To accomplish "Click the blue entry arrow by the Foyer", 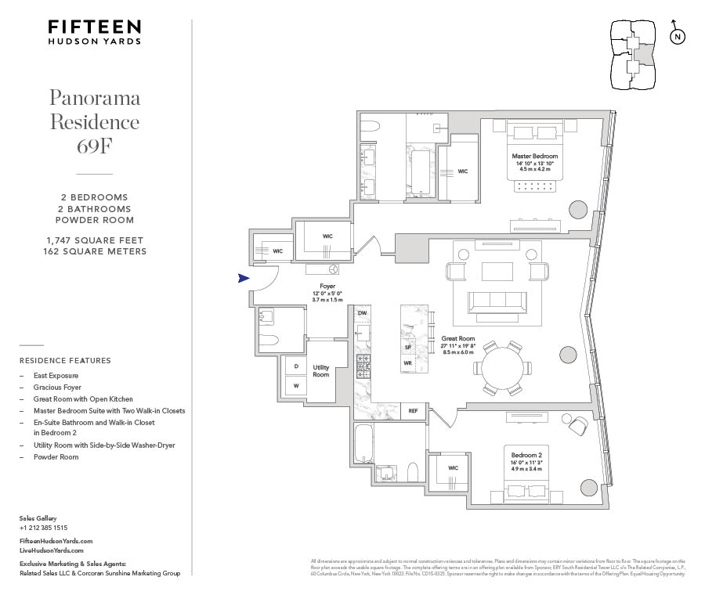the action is click(x=244, y=278).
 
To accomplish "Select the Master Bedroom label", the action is click(x=534, y=157).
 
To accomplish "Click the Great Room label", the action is click(x=457, y=339).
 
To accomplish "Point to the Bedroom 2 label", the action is click(x=525, y=455).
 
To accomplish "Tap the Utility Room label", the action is click(x=321, y=370).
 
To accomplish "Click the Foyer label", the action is click(x=327, y=287).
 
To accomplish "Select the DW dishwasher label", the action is click(x=362, y=314).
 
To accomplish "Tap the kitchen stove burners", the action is click(x=363, y=364).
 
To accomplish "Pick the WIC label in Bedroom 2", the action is click(x=452, y=468).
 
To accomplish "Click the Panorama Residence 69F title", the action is click(x=95, y=121).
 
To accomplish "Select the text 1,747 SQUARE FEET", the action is click(x=95, y=240).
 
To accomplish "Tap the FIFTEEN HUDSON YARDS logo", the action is click(x=95, y=31).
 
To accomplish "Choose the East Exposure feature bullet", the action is click(x=56, y=376).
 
